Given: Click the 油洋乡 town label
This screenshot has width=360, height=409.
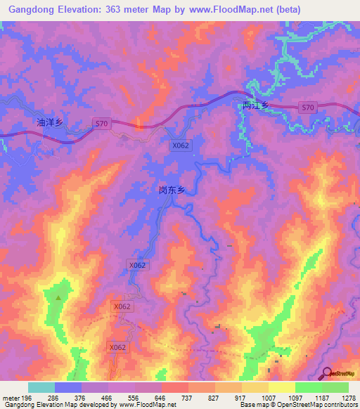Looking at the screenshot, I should tap(50, 122).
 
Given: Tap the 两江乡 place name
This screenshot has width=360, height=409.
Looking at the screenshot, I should tap(255, 106).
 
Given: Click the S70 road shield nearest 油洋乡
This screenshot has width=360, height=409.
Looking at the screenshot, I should tap(102, 124).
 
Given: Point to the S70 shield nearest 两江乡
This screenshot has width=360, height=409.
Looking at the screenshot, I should tap(307, 108).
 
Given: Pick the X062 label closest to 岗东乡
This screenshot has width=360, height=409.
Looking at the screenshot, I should tap(181, 145).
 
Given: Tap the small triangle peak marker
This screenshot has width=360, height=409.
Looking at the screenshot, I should tap(58, 297).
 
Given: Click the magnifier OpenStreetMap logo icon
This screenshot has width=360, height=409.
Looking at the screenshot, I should tap(328, 374).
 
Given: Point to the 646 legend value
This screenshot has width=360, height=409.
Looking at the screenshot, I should tap(161, 397).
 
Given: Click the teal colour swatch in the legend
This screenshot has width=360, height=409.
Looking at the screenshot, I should tap(41, 387).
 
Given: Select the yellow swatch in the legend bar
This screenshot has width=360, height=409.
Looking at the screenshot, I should tap(281, 387).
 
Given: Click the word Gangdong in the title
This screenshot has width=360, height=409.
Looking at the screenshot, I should tap(32, 10).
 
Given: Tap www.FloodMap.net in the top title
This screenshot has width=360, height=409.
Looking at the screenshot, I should tap(237, 10).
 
